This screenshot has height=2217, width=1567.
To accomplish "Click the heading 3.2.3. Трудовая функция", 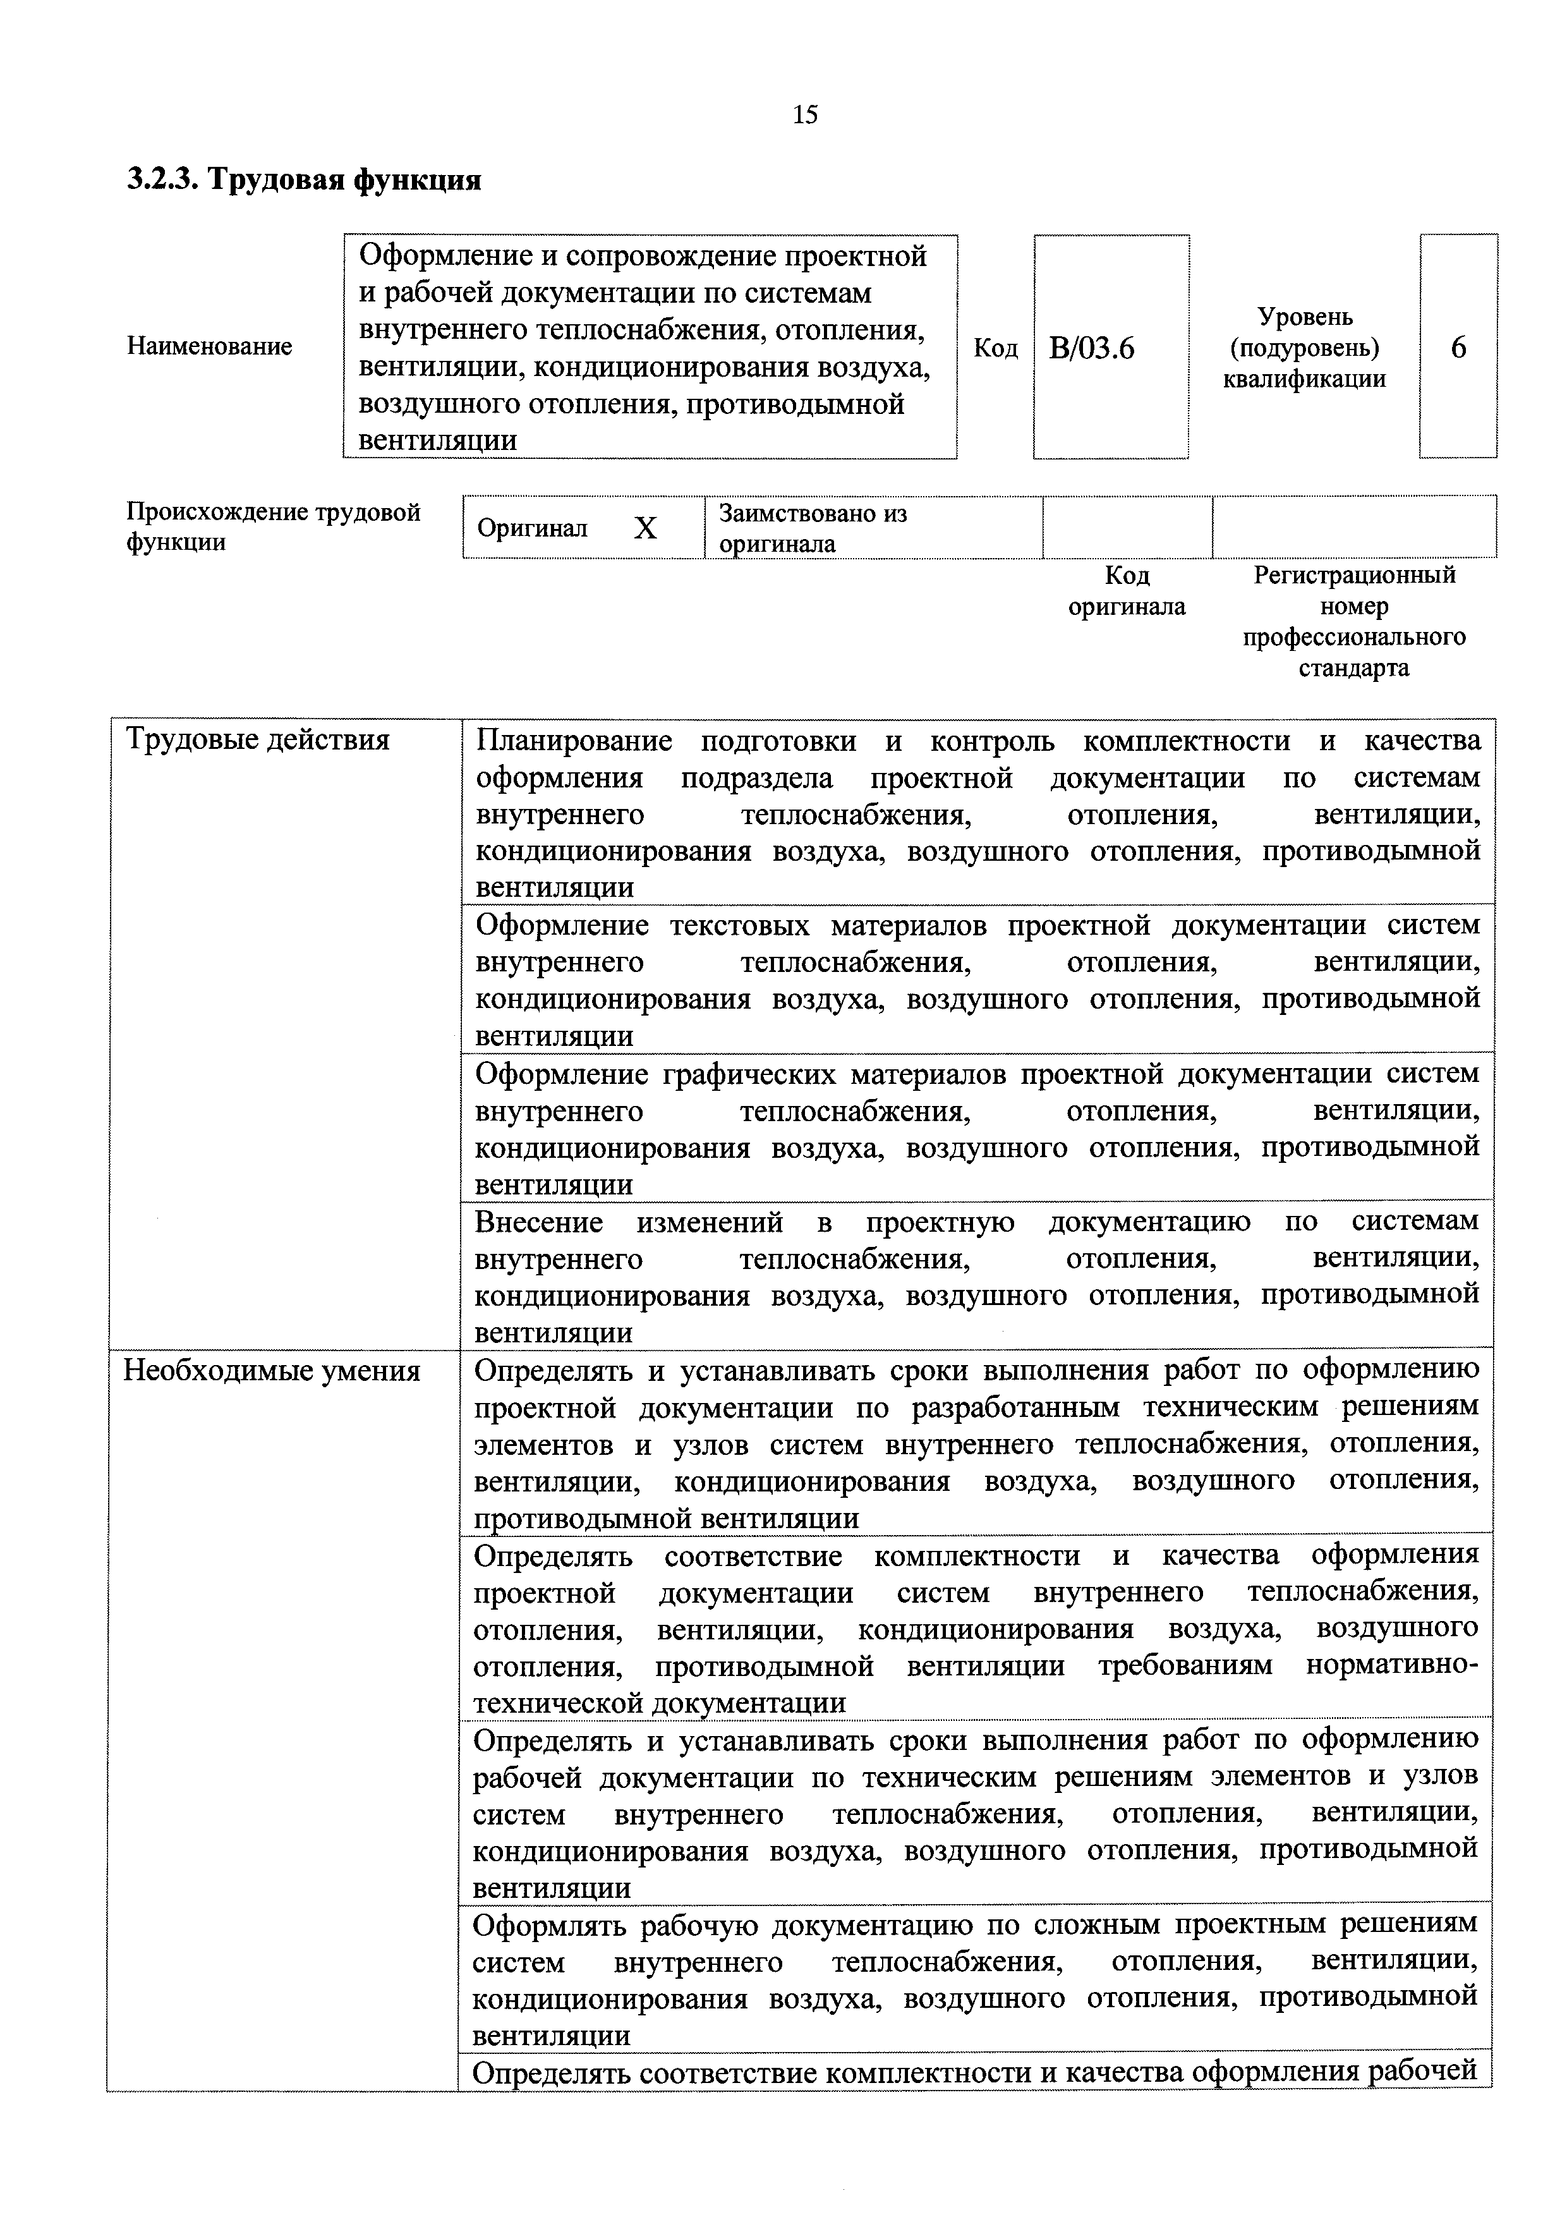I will tap(304, 179).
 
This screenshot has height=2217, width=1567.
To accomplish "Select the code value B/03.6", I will tap(1091, 348).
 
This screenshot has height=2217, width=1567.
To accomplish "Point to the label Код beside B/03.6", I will tap(995, 348).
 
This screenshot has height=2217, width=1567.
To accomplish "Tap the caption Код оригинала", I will tap(1127, 591).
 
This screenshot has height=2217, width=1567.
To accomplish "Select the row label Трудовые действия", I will tap(258, 739).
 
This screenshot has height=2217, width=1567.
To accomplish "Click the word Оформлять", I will tap(549, 1924).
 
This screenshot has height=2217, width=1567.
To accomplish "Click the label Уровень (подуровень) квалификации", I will tap(1304, 348).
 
